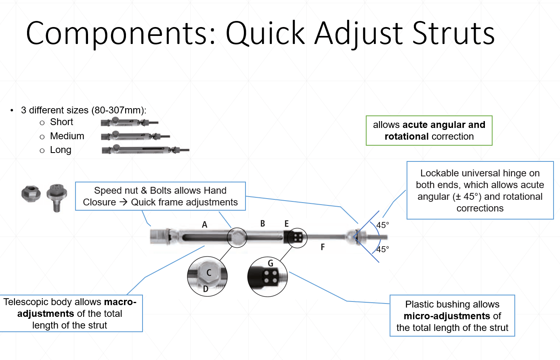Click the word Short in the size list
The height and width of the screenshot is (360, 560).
(61, 122)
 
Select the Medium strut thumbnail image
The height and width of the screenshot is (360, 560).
(135, 136)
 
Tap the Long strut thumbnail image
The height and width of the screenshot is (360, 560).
(145, 150)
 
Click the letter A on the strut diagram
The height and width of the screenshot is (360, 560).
(205, 225)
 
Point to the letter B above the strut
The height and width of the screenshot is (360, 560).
(262, 224)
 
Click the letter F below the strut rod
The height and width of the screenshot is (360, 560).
(323, 247)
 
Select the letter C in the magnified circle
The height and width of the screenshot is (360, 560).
(209, 273)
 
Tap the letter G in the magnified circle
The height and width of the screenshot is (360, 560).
(271, 264)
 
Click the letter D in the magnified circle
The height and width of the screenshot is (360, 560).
(206, 289)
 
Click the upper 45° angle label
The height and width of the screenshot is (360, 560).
(383, 225)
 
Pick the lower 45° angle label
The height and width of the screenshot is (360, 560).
(383, 249)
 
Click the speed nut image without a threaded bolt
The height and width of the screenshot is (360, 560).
(31, 194)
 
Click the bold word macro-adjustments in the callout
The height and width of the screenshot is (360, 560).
(77, 308)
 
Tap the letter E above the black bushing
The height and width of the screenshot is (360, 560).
(287, 224)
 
